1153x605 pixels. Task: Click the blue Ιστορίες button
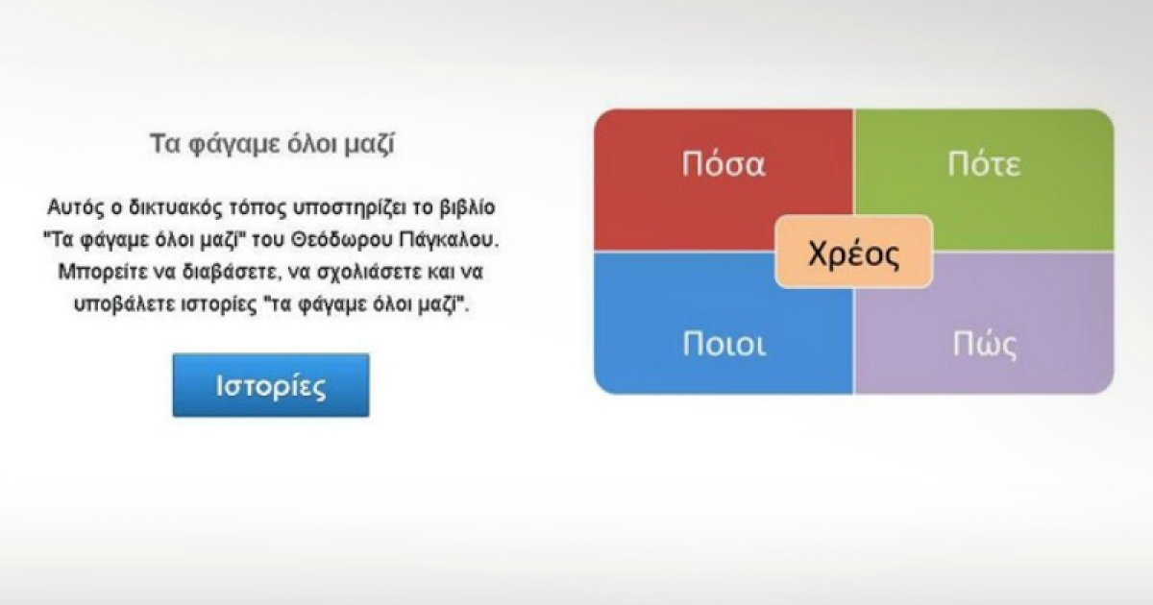[x=271, y=385]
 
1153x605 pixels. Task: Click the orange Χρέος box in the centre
[x=854, y=252]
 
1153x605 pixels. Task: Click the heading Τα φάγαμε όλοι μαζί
[x=272, y=143]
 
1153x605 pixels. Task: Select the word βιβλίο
[x=468, y=207]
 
